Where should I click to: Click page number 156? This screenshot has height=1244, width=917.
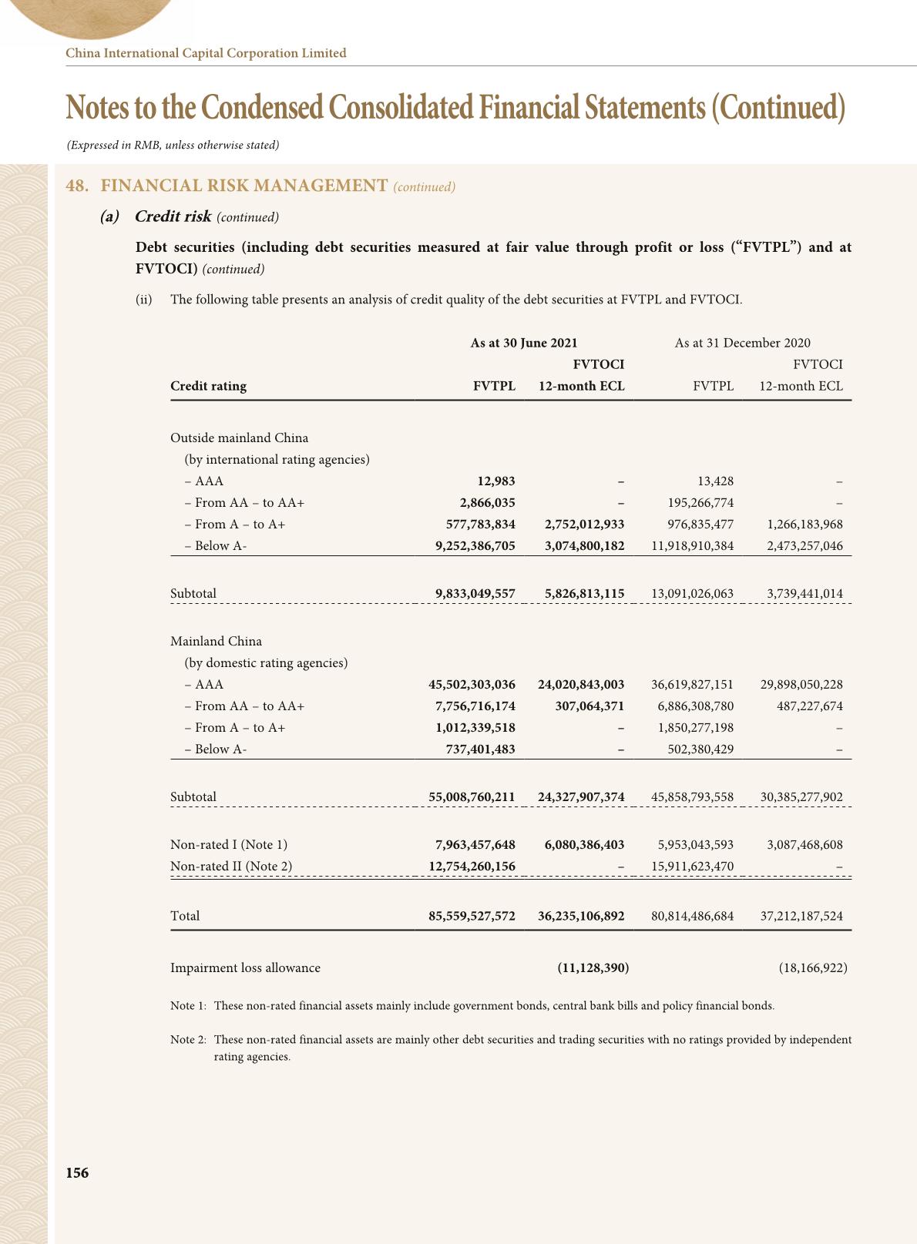pyautogui.click(x=77, y=1172)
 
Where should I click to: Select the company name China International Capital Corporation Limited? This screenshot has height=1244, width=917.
pyautogui.click(x=206, y=53)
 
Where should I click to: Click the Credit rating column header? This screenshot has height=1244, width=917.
pyautogui.click(x=208, y=386)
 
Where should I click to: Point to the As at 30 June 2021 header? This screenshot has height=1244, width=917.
pyautogui.click(x=523, y=343)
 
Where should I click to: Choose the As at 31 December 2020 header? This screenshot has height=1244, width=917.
pyautogui.click(x=742, y=343)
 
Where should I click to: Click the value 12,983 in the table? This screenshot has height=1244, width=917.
pyautogui.click(x=495, y=481)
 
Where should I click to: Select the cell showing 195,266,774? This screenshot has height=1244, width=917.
pyautogui.click(x=700, y=502)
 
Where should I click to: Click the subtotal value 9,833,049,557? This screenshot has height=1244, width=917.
pyautogui.click(x=475, y=593)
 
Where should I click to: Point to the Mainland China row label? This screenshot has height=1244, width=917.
pyautogui.click(x=216, y=641)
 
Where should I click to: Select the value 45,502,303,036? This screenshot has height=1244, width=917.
pyautogui.click(x=472, y=684)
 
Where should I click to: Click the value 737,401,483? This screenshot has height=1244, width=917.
pyautogui.click(x=480, y=749)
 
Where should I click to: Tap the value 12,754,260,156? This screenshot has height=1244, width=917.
pyautogui.click(x=472, y=866)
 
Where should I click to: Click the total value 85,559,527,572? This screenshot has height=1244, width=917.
pyautogui.click(x=472, y=916)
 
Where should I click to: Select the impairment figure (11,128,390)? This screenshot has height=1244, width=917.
pyautogui.click(x=593, y=967)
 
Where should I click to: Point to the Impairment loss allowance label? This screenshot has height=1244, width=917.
pyautogui.click(x=245, y=967)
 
